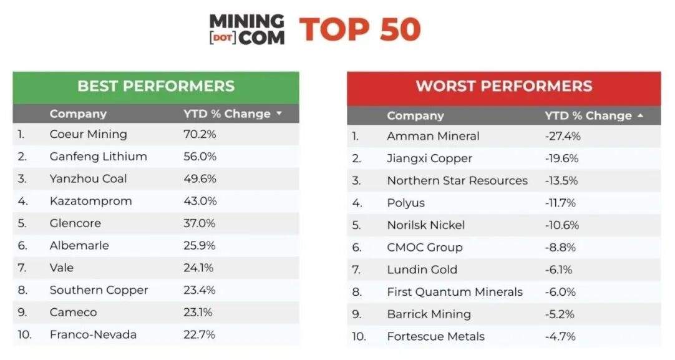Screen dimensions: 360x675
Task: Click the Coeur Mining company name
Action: (88, 134)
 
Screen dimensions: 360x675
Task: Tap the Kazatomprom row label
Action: (90, 201)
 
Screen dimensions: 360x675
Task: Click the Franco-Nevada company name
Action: (93, 334)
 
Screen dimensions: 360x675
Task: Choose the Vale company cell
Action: (62, 268)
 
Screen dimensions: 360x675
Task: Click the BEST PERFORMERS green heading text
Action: (156, 86)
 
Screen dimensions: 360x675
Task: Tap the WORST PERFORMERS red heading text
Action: (504, 86)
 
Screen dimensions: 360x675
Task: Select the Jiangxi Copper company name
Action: (429, 158)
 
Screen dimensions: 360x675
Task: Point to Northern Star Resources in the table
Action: (457, 180)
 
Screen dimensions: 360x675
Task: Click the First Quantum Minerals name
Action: (455, 292)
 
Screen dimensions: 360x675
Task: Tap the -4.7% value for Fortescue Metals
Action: (560, 336)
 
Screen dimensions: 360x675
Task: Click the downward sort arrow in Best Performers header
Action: (279, 114)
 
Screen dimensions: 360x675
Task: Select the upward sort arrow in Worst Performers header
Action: (640, 116)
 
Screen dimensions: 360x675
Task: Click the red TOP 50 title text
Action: (360, 29)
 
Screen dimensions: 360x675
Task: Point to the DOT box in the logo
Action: (221, 38)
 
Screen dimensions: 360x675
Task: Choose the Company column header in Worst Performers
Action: (415, 116)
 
